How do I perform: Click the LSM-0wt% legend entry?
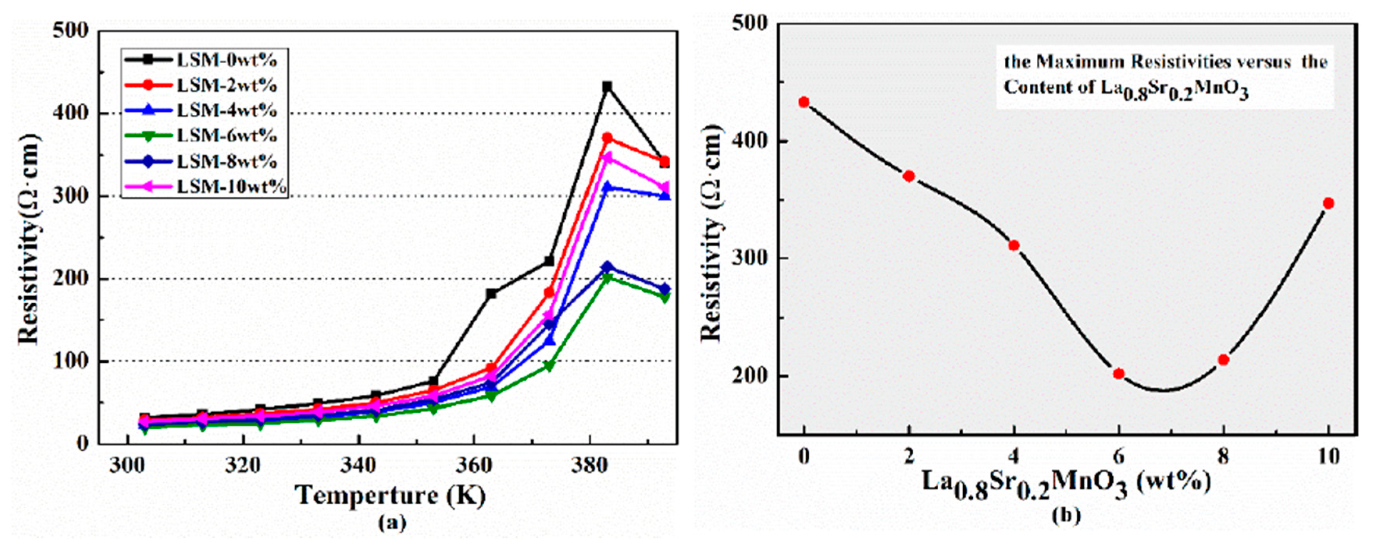[x=227, y=59]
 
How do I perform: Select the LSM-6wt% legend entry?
[x=227, y=136]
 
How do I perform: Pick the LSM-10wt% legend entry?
[x=231, y=187]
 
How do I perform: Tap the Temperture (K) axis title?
[x=391, y=495]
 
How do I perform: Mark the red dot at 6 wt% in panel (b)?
[x=1119, y=374]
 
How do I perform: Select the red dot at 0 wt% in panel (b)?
[x=804, y=102]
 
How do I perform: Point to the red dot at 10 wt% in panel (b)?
[x=1328, y=203]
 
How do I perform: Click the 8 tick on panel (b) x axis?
[x=1223, y=457]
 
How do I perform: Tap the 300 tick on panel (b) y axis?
[x=754, y=258]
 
